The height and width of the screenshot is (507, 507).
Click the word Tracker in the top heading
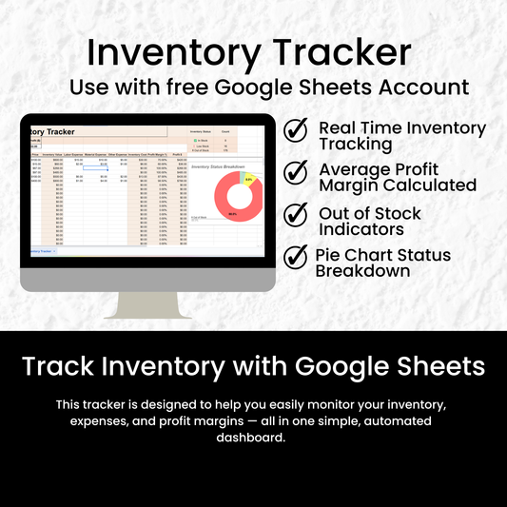340,51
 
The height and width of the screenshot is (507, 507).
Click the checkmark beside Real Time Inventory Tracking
296,129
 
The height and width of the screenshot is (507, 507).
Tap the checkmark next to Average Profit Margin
296,171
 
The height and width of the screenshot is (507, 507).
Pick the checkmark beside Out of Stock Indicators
296,213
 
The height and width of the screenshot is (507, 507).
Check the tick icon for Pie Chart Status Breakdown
296,256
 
